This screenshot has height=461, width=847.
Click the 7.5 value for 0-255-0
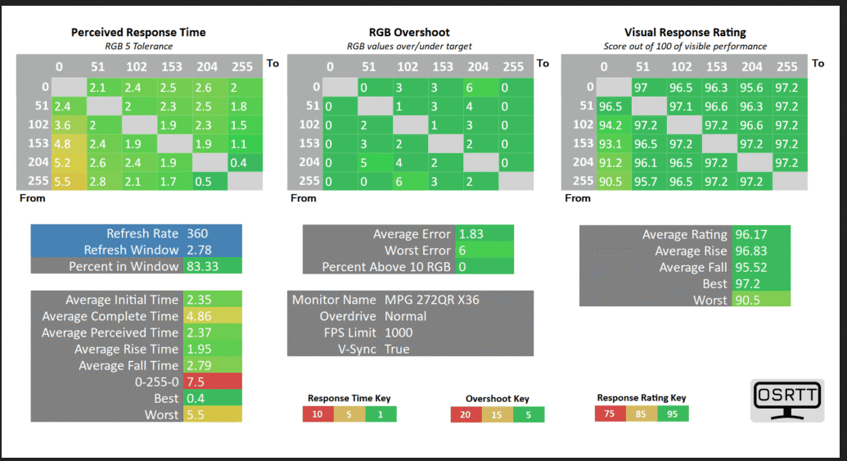196,382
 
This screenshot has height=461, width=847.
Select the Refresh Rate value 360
197,233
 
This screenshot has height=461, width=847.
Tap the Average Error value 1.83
471,234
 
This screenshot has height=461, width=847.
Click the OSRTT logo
787,400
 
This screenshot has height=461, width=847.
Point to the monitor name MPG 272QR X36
431,300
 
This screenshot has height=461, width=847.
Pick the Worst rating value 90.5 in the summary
748,300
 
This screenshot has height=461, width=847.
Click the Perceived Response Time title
138,33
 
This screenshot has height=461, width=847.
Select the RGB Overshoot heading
409,33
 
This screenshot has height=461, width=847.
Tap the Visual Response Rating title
685,33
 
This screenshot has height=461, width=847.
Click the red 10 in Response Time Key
318,414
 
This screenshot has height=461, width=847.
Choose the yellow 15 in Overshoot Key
497,414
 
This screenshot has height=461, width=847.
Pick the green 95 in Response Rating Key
673,414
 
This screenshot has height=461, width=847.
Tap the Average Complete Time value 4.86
199,316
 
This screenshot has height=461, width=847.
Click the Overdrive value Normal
405,316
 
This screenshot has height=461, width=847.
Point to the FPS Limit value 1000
399,333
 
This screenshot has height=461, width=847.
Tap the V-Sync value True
397,349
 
